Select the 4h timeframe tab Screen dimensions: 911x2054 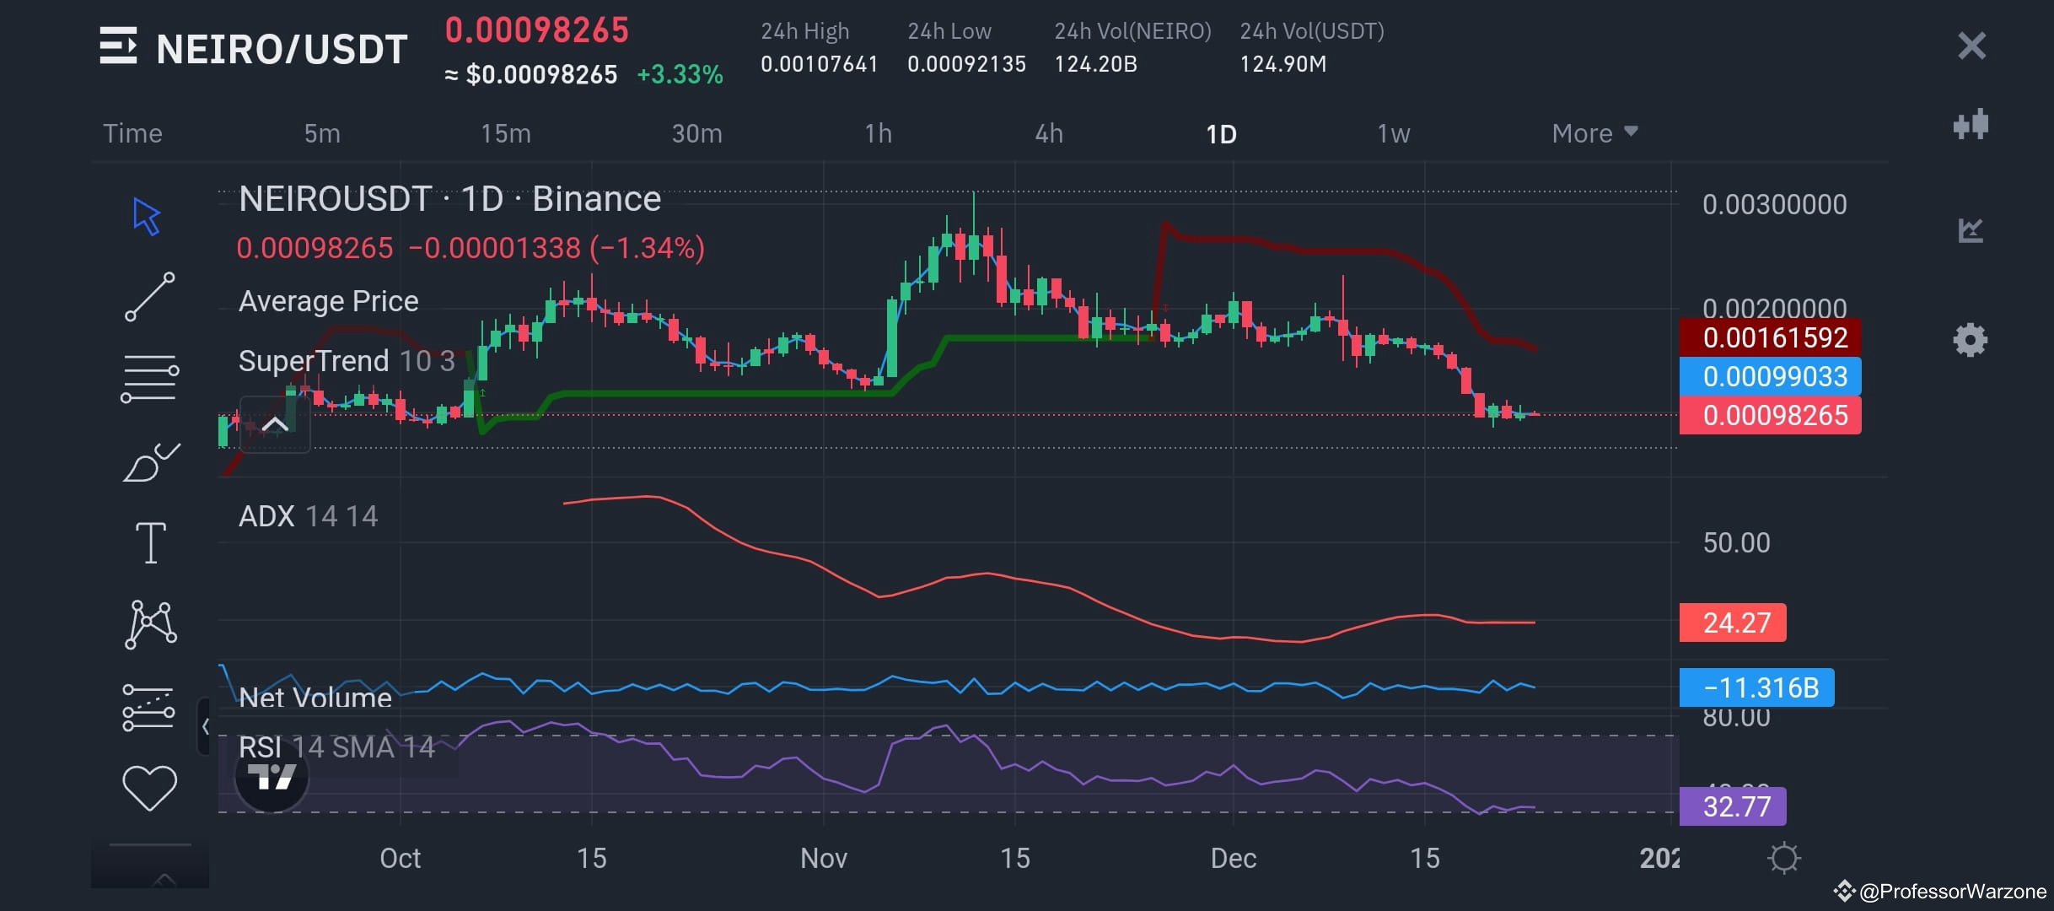1049,133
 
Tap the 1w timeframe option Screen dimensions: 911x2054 1393,133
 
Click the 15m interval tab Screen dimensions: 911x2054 506,133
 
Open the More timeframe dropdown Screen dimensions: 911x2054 1594,133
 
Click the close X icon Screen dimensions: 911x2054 1971,46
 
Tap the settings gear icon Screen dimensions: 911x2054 1970,341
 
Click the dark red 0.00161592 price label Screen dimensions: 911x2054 1770,337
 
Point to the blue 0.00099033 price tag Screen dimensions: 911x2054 1770,376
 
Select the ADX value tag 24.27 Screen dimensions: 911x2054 1733,623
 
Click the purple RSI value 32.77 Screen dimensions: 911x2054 1733,806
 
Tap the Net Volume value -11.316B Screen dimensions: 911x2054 1756,687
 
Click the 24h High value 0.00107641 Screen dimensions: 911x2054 819,64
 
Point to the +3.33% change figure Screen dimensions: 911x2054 680,74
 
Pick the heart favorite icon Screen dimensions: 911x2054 149,787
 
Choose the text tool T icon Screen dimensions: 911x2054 151,542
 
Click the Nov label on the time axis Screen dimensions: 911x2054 823,858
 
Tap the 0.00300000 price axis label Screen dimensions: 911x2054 1774,204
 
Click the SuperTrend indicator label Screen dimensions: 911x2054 314,361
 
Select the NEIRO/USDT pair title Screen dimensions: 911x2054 282,49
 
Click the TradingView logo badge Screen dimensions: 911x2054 272,777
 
